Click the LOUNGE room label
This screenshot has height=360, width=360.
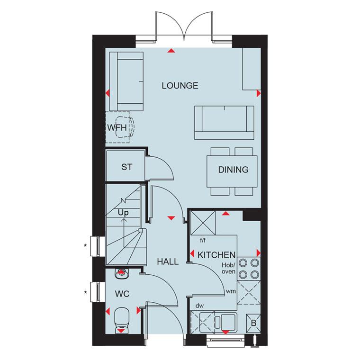click(180, 86)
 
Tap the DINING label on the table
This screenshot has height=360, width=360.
click(233, 170)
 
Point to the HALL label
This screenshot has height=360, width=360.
click(168, 261)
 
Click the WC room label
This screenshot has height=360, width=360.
click(122, 294)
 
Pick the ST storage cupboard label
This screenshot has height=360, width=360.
click(127, 167)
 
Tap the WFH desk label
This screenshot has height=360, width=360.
click(117, 127)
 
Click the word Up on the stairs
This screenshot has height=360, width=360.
click(123, 213)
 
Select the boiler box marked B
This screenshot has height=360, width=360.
click(253, 323)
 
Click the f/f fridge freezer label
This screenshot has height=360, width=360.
click(203, 240)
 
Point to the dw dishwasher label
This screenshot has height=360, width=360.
click(199, 306)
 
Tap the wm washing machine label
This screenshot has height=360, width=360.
click(231, 291)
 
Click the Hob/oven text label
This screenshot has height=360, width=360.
click(228, 269)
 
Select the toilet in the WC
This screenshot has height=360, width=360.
click(121, 321)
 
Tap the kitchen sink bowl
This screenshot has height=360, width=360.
click(228, 321)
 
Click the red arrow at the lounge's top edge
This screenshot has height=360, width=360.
click(171, 51)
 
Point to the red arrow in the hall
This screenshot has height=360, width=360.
click(171, 218)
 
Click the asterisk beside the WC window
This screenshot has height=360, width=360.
click(85, 293)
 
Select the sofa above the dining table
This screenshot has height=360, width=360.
click(224, 123)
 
